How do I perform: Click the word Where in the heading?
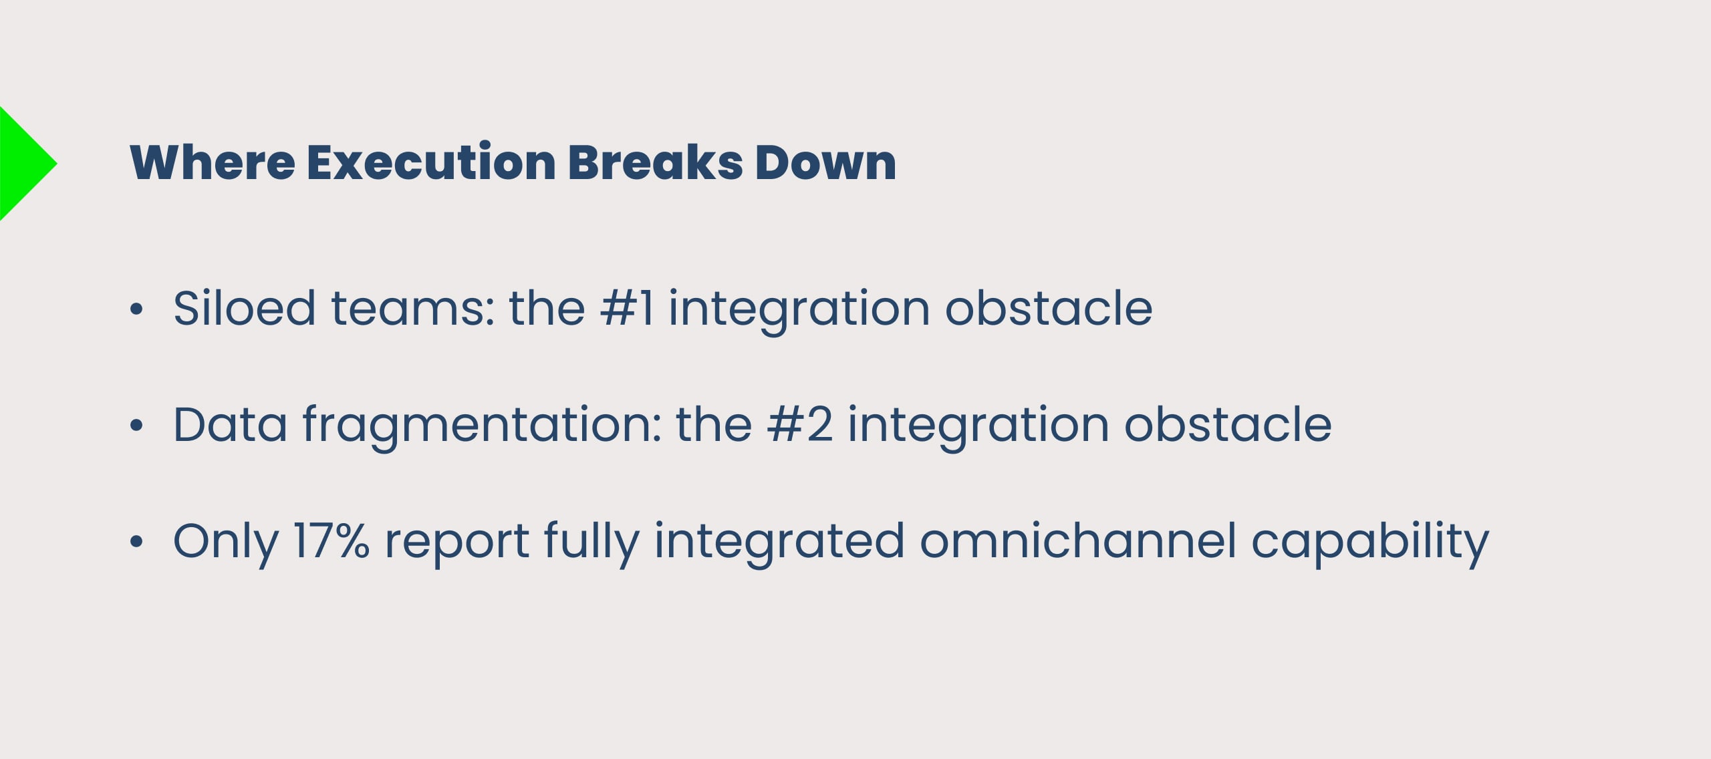(x=213, y=162)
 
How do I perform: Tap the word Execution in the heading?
(x=431, y=162)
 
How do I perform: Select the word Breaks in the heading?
(x=655, y=162)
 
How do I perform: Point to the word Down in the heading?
(x=825, y=162)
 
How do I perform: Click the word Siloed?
(x=244, y=308)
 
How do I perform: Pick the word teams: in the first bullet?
(x=413, y=309)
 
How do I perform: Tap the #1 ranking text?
(x=627, y=309)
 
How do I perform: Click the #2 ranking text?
(x=800, y=425)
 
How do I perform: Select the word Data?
(x=230, y=425)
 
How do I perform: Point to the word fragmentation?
(x=481, y=428)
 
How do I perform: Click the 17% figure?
(x=331, y=541)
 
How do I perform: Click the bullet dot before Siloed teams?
(x=136, y=309)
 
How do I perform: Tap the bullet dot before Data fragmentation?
(x=136, y=425)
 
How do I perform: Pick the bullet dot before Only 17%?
(x=136, y=541)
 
